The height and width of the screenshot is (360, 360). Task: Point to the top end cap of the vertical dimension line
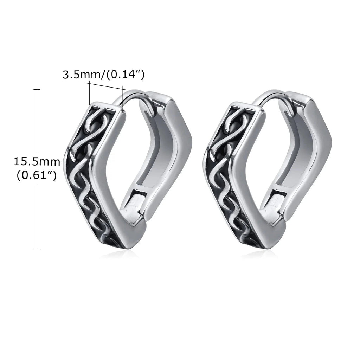click(37, 90)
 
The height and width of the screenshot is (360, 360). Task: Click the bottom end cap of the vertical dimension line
click(37, 249)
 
